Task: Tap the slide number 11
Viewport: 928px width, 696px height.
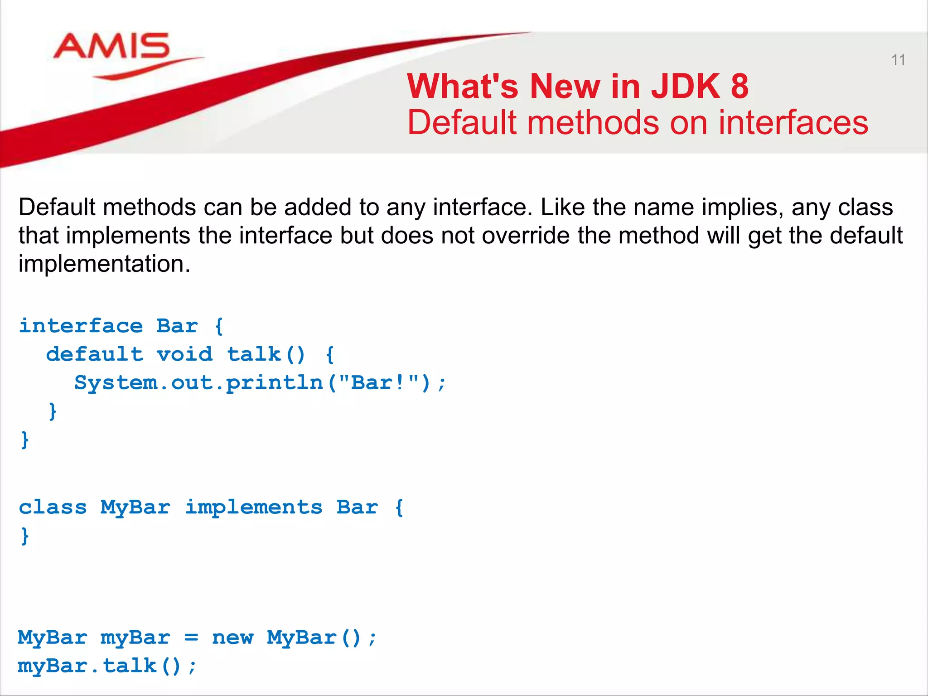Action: [x=898, y=60]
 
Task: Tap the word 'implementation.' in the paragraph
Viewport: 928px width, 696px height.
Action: [x=104, y=264]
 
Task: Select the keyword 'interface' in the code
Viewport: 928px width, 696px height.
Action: [x=81, y=326]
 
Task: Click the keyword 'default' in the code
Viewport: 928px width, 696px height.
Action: [x=95, y=354]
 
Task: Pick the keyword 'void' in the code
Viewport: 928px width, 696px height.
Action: [x=184, y=354]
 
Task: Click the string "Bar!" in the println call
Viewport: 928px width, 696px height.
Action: [x=379, y=382]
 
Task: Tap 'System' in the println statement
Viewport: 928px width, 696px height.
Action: [x=116, y=383]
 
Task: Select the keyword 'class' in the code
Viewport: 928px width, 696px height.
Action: [x=53, y=507]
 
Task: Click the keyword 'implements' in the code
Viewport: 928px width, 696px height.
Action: [x=254, y=507]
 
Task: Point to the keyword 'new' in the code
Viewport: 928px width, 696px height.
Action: [x=233, y=638]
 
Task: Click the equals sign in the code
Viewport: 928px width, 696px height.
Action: [x=192, y=638]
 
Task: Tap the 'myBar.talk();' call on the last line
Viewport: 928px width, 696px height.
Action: [x=107, y=666]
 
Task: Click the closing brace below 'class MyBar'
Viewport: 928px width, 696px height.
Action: [x=25, y=536]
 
